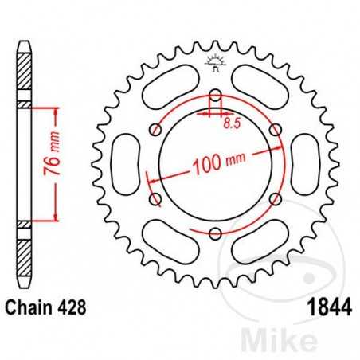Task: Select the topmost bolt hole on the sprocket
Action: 215,96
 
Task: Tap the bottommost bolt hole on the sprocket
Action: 215,233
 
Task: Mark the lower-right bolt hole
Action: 275,199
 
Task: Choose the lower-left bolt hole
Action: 156,199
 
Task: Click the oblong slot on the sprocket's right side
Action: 305,165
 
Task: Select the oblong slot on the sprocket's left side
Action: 126,165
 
